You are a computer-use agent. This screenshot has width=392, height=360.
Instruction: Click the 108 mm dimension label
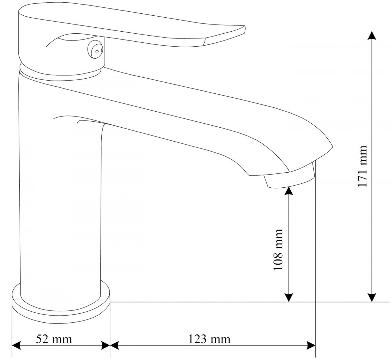pyautogui.click(x=278, y=250)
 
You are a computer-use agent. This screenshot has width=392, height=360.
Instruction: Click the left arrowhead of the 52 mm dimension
pyautogui.click(x=16, y=346)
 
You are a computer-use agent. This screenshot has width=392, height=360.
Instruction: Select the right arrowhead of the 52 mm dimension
pyautogui.click(x=105, y=346)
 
